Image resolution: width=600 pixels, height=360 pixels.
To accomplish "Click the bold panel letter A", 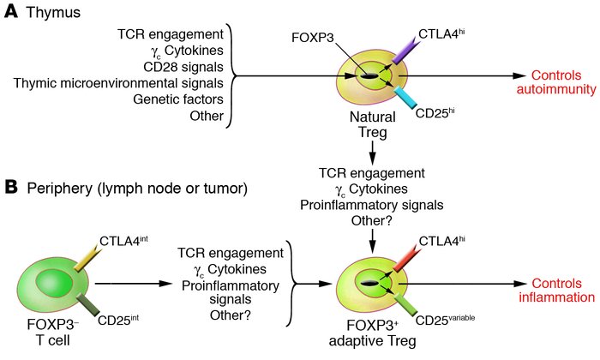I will point(12,12).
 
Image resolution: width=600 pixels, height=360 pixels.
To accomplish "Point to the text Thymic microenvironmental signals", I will point(128,82).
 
